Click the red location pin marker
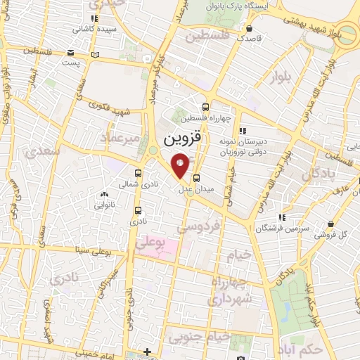[180, 165]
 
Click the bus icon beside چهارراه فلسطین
[205, 108]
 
